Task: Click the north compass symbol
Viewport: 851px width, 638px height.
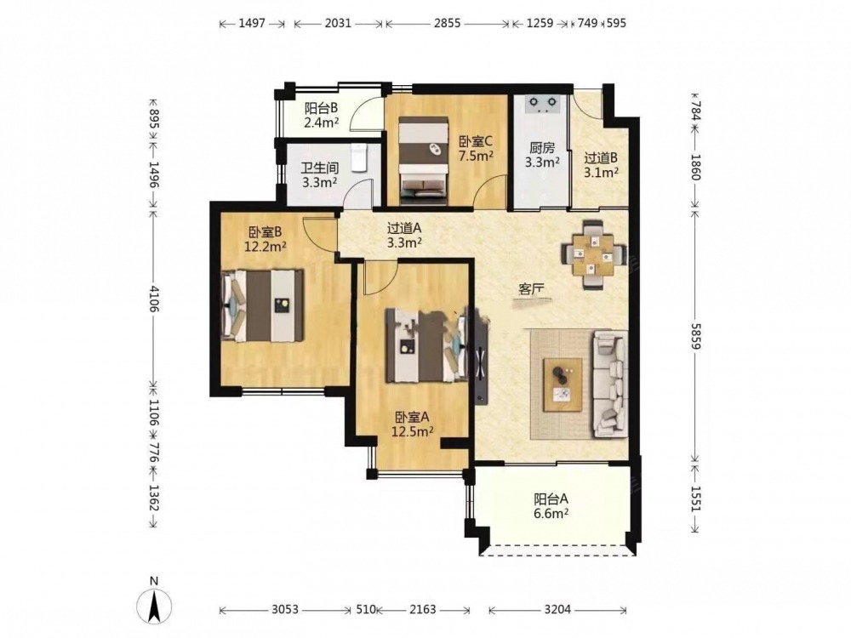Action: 154,601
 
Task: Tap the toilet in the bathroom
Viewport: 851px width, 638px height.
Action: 359,157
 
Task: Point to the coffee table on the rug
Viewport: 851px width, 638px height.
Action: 563,385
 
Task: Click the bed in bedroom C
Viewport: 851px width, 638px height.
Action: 423,161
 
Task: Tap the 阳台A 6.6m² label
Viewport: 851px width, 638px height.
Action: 551,505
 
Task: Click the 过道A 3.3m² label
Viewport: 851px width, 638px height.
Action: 404,236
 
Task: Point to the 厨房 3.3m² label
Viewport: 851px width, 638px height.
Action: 542,155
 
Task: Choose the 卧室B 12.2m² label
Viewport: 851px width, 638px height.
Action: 265,239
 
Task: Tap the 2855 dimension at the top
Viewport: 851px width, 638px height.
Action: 448,23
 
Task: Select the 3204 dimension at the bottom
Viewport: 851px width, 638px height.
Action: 557,609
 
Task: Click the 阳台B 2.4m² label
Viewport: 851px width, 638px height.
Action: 322,115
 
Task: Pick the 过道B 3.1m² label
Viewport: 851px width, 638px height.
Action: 602,166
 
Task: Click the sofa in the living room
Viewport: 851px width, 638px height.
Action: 610,384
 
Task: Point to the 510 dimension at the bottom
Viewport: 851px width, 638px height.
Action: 366,609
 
